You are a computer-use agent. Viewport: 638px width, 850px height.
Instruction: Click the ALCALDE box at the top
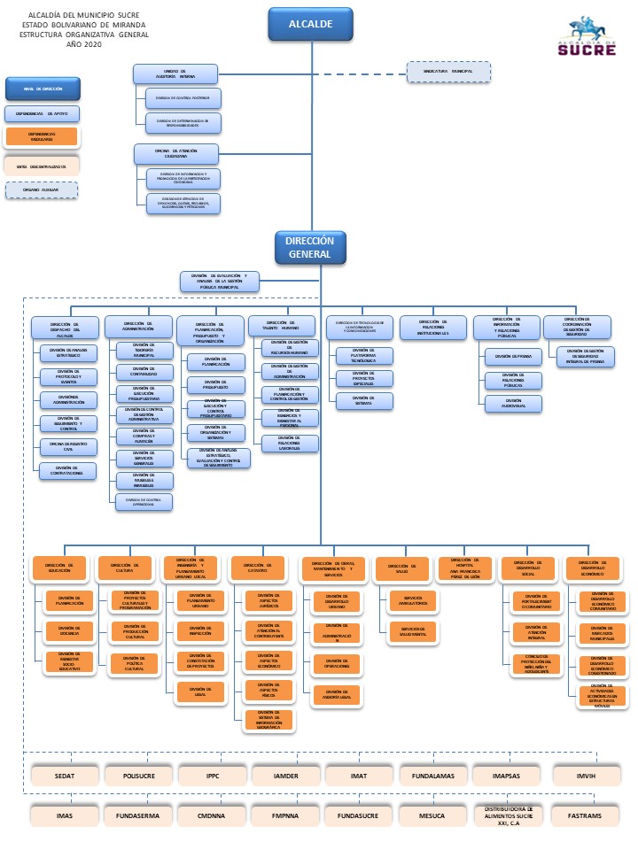(310, 24)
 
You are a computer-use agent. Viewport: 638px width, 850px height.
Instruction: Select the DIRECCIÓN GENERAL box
(310, 247)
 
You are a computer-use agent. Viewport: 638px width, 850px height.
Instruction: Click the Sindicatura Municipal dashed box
(449, 71)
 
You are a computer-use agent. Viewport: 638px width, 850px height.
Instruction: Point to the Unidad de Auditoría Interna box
(175, 73)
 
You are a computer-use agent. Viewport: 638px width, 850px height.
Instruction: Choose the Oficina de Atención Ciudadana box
(175, 153)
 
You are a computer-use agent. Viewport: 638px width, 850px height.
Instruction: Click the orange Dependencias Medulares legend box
(42, 136)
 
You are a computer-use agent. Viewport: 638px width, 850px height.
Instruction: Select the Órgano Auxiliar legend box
(42, 189)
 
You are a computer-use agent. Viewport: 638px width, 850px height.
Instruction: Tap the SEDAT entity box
(65, 774)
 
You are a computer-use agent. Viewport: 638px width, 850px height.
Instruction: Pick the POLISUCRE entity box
(138, 774)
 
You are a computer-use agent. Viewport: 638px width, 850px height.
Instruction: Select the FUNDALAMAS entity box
(432, 774)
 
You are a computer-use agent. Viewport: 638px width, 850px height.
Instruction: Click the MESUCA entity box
(432, 814)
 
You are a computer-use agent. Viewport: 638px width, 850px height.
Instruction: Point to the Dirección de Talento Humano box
(281, 325)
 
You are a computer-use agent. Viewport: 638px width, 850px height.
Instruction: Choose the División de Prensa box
(513, 357)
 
